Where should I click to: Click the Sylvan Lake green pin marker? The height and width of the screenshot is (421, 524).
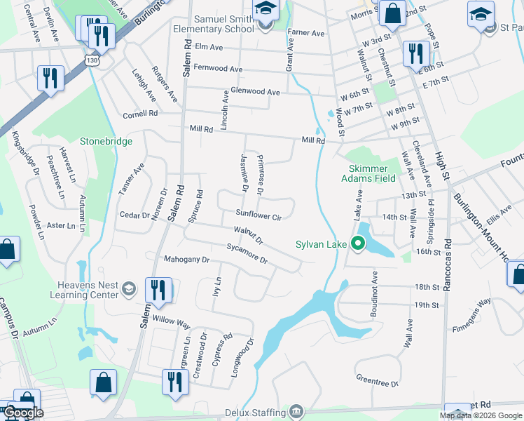point(359,244)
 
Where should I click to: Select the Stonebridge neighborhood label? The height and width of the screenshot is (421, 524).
point(106,141)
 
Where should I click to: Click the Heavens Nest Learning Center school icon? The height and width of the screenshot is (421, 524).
point(128,288)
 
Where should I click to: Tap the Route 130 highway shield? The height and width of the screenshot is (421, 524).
point(92,60)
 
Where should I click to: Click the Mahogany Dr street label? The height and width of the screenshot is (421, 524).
point(186,260)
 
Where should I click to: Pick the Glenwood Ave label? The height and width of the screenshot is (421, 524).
point(255,92)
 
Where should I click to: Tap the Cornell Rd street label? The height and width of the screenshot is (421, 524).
point(142,114)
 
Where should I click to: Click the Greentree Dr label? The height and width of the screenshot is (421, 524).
point(377,384)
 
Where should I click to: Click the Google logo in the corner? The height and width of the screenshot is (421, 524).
point(23,412)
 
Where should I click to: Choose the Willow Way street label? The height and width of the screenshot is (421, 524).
point(172,323)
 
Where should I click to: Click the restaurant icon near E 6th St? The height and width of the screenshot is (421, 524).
point(416,53)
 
